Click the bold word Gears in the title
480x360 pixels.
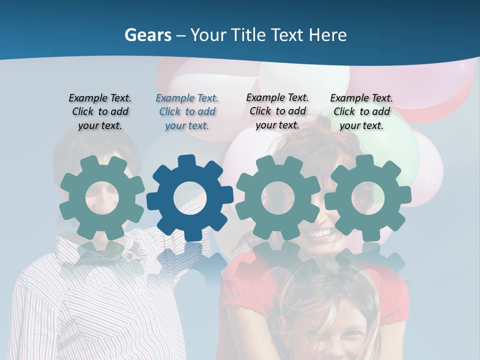[147, 35]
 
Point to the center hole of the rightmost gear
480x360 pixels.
[367, 197]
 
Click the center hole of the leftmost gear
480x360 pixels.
[102, 197]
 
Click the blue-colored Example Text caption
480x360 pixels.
[187, 112]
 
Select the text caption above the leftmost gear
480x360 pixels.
[100, 112]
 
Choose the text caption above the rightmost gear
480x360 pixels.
[361, 112]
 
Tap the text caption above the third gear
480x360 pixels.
[277, 111]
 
